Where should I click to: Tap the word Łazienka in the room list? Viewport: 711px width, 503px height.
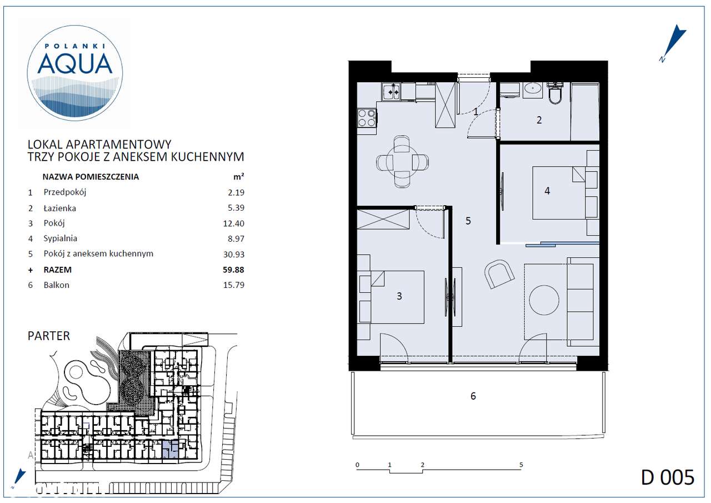(60, 208)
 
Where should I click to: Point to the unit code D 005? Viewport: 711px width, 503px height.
(667, 477)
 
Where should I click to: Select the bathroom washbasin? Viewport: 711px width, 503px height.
(534, 88)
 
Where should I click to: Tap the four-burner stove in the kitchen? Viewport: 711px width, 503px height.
(367, 117)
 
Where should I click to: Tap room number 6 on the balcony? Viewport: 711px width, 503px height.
(473, 396)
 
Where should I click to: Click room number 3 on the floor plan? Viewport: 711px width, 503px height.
(399, 296)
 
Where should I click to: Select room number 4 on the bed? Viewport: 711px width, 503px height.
(547, 191)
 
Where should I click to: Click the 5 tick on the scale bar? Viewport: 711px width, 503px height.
(521, 465)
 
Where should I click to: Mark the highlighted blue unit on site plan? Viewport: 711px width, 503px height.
(170, 449)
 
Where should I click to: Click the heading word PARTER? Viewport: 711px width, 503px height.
(49, 336)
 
